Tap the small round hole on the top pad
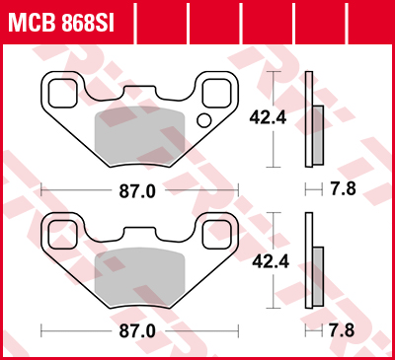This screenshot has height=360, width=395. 203,120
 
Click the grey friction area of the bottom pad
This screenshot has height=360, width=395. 138,276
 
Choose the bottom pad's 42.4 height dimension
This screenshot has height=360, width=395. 260,262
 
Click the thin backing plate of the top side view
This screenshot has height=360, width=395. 309,118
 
